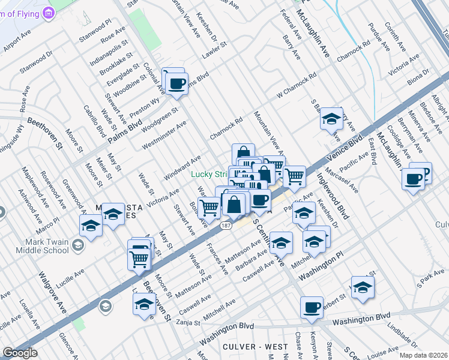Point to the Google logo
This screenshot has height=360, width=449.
[20, 353]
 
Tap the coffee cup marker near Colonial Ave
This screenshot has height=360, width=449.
[176, 85]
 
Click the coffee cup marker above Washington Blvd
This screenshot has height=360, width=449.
[311, 307]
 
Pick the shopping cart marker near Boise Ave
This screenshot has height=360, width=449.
[209, 208]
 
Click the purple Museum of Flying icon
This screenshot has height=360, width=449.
[50, 12]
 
